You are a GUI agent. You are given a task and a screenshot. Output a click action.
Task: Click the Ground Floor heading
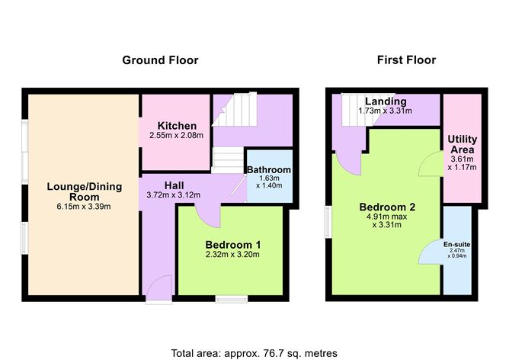tap(160, 60)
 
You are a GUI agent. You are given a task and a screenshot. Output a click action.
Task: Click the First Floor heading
tap(405, 60)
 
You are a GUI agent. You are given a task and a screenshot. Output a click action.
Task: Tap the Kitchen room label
tap(178, 126)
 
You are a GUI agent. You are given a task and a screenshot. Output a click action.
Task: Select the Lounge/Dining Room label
tap(81, 191)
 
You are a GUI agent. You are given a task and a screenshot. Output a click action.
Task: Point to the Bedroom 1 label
tap(232, 244)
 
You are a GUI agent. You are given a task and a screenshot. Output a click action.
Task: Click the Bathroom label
tap(268, 169)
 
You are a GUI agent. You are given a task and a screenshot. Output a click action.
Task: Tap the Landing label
tap(385, 101)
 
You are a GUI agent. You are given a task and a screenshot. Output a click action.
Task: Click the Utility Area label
tap(462, 144)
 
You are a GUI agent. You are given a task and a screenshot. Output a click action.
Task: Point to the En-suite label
tap(457, 244)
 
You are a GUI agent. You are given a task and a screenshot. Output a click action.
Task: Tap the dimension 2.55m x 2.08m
tap(178, 136)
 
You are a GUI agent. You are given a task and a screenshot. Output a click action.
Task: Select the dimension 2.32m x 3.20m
tap(232, 255)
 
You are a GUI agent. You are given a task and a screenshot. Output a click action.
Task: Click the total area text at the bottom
tap(254, 352)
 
